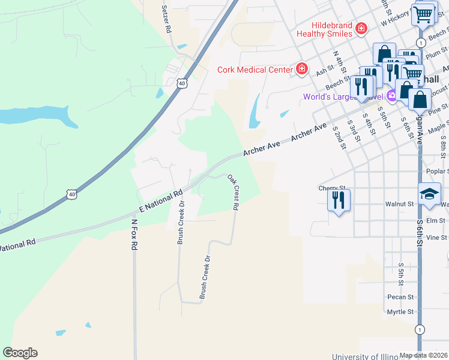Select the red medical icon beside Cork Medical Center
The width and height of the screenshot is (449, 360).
pos(301,70)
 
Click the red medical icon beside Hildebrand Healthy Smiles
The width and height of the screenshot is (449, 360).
pos(361,28)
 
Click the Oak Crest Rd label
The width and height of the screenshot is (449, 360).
pos(234,192)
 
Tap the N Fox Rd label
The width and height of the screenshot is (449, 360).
pos(134,238)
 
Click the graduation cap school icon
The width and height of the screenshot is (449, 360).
pos(430,194)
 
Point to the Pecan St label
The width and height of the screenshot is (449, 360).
pos(400,297)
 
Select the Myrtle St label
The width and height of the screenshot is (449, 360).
pos(400,312)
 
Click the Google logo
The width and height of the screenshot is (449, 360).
pos(20,353)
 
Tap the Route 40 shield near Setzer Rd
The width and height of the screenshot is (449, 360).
pos(182,83)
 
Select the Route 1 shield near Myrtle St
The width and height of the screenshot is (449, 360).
pos(419,329)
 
